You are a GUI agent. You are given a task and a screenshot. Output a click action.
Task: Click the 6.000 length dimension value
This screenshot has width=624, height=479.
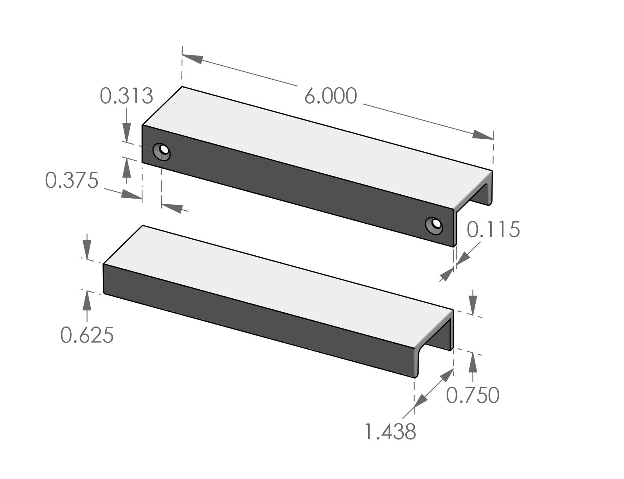point(331,96)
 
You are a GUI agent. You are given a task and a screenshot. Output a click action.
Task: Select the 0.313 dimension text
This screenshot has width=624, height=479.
point(126,96)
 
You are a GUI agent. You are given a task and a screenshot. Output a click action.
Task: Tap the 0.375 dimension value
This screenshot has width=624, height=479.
point(72,181)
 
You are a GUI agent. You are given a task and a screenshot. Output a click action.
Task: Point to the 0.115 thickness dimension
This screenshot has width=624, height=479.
point(493,230)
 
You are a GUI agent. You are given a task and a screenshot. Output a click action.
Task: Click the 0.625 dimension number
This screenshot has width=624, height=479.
point(87,335)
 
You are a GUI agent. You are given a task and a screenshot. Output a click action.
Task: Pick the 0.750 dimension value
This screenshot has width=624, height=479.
point(473,395)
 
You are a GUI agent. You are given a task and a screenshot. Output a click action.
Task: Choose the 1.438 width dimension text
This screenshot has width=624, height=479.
point(390,432)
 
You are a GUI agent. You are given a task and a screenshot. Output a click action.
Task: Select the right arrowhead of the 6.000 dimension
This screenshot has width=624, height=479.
point(482,135)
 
